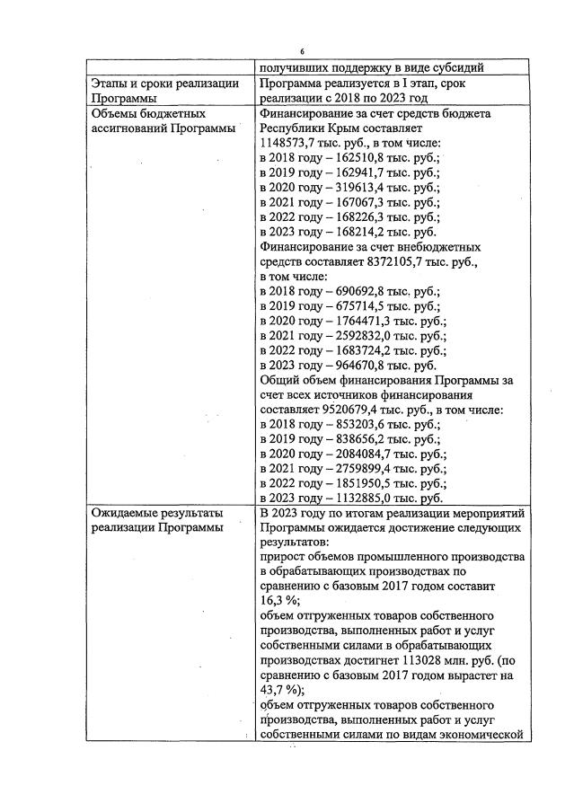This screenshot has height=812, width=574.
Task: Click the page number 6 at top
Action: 302,51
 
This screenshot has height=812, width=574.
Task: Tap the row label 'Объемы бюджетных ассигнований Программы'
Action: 163,121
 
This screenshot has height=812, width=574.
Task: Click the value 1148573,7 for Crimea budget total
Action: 292,143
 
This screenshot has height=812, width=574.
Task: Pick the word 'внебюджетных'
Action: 440,247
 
